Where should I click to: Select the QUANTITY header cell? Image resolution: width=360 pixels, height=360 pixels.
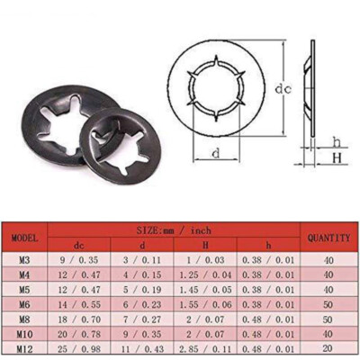point(328,238)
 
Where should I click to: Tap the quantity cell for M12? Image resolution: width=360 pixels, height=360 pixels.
point(328,348)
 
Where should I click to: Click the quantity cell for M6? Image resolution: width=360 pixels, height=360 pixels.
point(328,303)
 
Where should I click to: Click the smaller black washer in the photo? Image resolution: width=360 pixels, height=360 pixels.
point(119,144)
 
